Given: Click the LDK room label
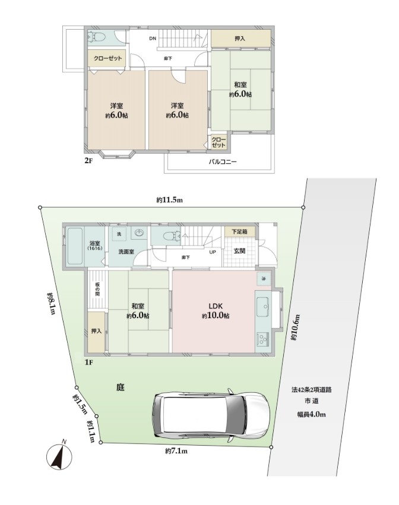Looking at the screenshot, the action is (x=216, y=306).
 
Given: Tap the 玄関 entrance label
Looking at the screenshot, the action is (x=239, y=250).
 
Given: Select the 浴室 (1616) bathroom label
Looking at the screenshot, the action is (x=95, y=246).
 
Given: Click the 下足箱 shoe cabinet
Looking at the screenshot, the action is (x=239, y=232).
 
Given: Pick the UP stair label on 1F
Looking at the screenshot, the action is (x=213, y=252).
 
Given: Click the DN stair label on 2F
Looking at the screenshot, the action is (x=153, y=39).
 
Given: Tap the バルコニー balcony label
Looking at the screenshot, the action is (x=222, y=161).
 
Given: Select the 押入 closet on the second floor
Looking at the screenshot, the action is (x=240, y=39).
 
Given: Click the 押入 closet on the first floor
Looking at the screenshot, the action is (x=96, y=332).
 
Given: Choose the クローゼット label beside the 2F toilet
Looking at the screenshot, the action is (x=108, y=58).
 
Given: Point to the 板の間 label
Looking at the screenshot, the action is (x=97, y=289).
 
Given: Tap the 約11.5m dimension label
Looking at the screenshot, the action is (x=170, y=200).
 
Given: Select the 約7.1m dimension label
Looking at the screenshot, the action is (x=176, y=451).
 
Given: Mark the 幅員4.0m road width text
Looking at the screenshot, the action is (x=311, y=414).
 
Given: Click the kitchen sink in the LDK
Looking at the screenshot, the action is (x=262, y=307).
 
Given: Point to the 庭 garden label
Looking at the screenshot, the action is (x=120, y=387).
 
